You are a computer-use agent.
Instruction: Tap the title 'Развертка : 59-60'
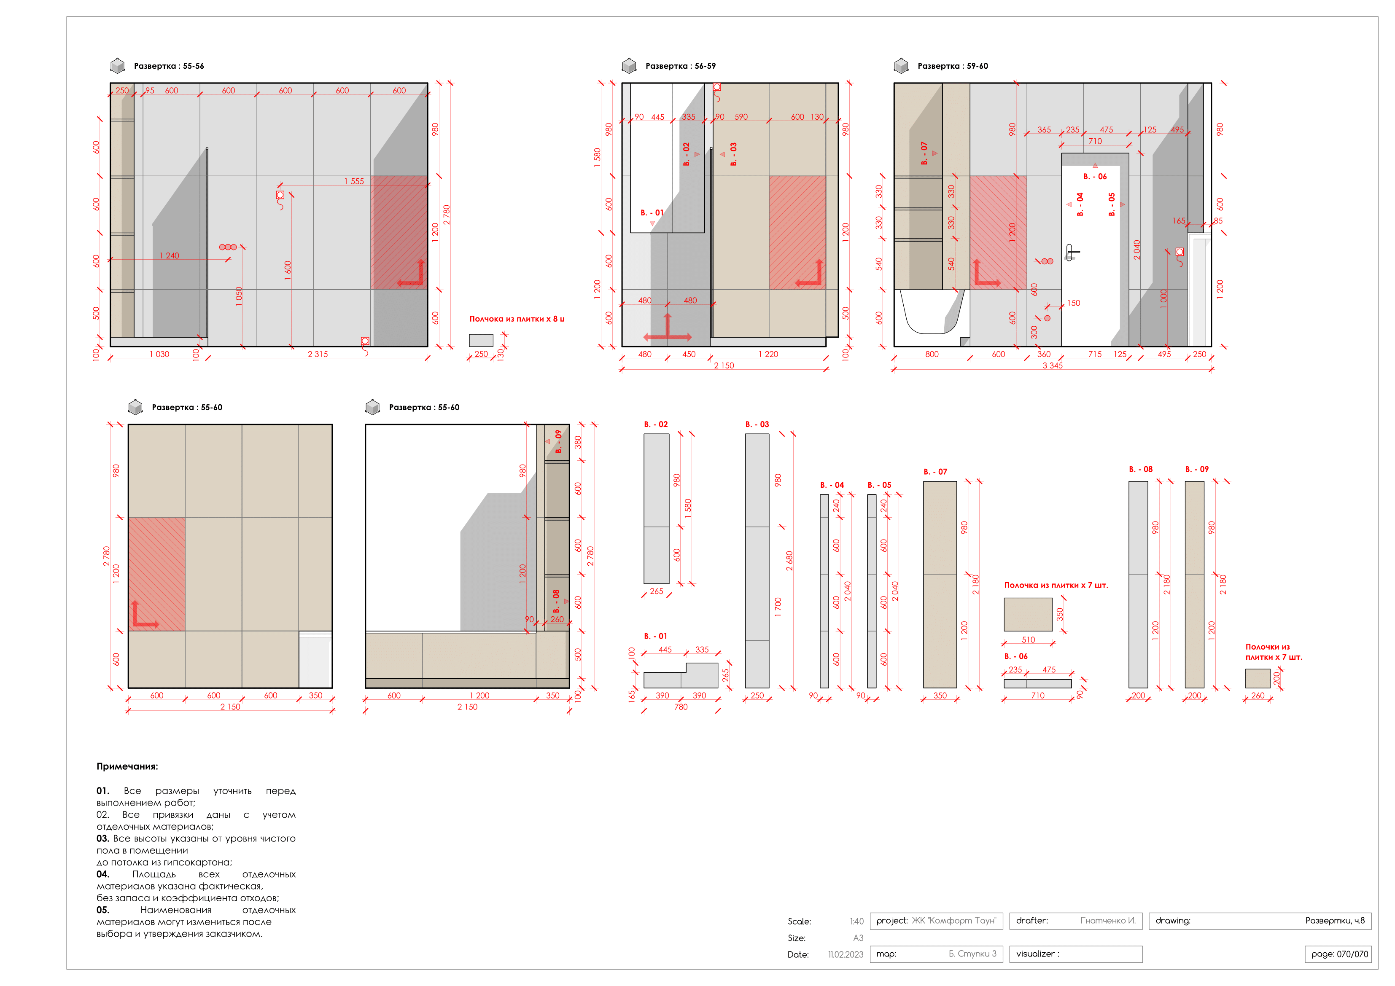coord(952,66)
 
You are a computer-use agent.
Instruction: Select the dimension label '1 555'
coord(354,182)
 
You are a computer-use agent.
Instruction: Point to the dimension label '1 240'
coord(169,256)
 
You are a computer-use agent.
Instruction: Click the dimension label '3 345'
coord(1052,366)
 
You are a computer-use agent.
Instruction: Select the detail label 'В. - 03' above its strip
coord(757,424)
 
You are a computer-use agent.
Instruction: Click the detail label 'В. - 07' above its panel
coord(935,472)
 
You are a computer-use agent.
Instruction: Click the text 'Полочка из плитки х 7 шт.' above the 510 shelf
coord(1056,586)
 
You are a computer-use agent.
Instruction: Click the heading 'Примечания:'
coord(127,767)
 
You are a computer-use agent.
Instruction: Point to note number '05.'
coord(102,910)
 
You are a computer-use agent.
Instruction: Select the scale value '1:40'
coord(856,922)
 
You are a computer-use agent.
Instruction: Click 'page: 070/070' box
coord(1338,954)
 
